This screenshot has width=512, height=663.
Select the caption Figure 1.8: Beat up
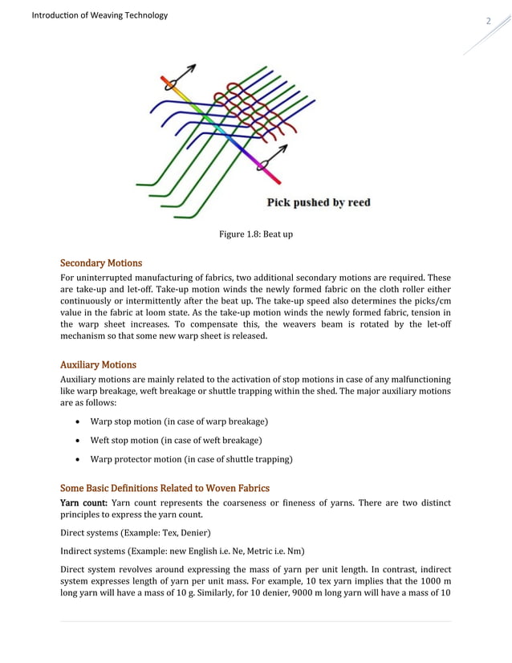(255, 234)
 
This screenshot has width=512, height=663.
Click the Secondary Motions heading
(101, 263)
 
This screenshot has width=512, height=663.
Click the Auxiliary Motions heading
(99, 364)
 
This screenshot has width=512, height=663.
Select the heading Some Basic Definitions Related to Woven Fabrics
(165, 488)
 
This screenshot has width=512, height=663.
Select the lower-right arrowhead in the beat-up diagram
(285, 149)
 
